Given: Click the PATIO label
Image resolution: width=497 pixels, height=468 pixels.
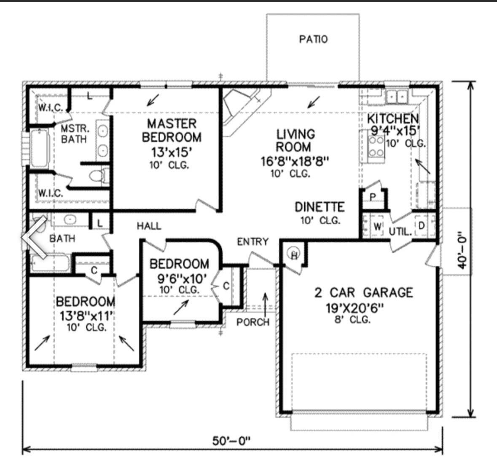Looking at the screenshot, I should tap(313, 39).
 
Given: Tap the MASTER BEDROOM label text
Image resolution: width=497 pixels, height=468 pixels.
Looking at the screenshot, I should tap(172, 130).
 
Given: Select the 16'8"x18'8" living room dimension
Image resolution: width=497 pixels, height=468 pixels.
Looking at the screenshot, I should tap(295, 161).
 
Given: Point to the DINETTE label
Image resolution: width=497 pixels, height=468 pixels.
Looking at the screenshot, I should tap(320, 207).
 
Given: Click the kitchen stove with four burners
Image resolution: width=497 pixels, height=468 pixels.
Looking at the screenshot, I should tap(376, 146).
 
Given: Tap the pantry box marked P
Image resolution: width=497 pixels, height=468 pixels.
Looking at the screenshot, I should tap(373, 197).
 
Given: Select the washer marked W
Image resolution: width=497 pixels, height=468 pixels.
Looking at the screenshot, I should tap(377, 227).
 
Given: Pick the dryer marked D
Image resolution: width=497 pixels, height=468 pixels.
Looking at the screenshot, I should tap(421, 227).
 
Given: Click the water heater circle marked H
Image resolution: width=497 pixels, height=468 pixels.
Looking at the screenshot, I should tap(294, 254).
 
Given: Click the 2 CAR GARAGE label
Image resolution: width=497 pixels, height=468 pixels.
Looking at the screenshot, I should tap(363, 292).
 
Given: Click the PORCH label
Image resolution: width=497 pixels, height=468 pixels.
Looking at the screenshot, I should tap(253, 322).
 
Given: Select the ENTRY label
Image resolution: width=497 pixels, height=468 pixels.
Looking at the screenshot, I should tap(253, 242).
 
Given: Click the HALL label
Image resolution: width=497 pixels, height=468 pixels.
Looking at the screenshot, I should tap(149, 226).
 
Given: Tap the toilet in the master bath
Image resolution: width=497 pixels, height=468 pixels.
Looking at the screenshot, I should tap(99, 175).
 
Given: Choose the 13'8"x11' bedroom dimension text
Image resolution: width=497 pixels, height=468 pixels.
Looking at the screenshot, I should tap(86, 315).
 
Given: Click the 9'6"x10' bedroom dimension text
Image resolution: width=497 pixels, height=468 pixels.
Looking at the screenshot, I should tap(179, 278).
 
